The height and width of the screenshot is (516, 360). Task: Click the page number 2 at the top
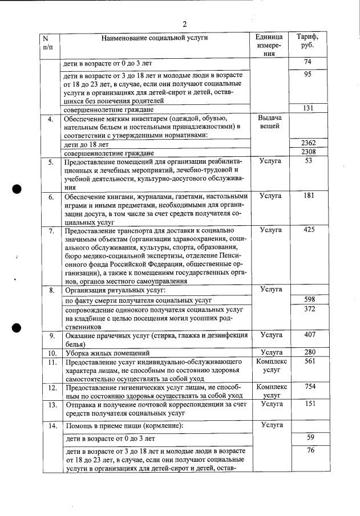185,24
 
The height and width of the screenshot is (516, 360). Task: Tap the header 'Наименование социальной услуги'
154,38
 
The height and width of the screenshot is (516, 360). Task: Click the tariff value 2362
308,143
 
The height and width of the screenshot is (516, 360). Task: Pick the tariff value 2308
308,152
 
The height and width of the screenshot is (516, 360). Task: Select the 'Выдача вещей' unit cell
270,121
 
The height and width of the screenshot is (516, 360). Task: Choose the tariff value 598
309,299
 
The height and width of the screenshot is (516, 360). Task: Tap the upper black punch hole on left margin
18,190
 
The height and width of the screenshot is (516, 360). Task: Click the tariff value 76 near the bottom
309,451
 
